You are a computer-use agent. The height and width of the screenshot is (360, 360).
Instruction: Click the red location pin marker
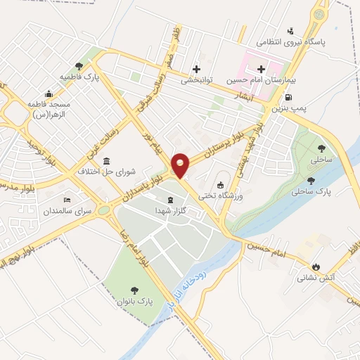coord(180,165)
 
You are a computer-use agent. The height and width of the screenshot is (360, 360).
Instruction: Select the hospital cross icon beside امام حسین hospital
coord(261,69)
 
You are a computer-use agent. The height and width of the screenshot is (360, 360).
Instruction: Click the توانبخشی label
coord(196,80)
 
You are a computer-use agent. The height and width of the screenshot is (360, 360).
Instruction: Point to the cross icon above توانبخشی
coord(196,69)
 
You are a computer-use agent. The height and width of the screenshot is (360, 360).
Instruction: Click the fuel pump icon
coord(289,96)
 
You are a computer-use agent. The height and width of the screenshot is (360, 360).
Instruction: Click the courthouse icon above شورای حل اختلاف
coord(106,160)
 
